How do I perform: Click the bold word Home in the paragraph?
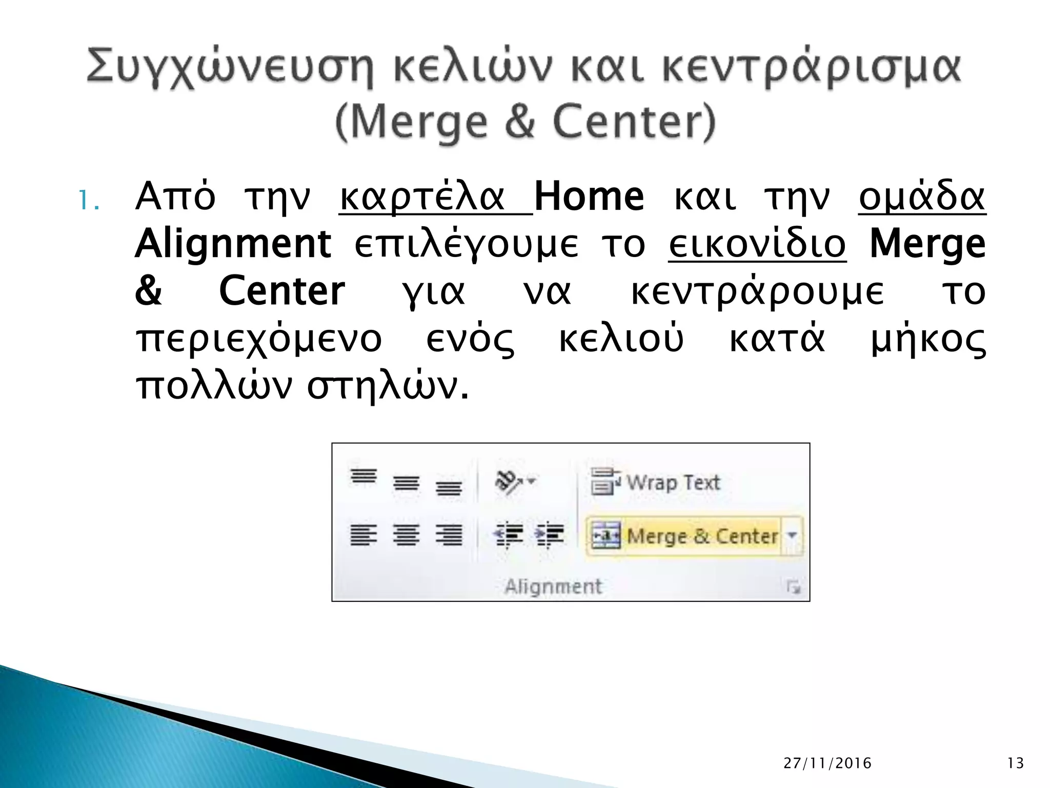coord(589,198)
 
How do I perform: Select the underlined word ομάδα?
coord(922,198)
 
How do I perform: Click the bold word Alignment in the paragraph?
coord(233,244)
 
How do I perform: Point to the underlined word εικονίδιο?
coord(757,245)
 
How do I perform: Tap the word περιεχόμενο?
coord(259,340)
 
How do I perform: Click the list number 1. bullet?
coord(88,201)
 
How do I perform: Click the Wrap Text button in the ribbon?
coord(656,483)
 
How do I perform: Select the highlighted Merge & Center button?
coord(684,537)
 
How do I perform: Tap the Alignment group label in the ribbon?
coord(553,586)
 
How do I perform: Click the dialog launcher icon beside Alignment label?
coord(794,587)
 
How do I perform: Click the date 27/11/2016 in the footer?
coord(827,763)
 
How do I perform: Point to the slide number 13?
coord(1015,763)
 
